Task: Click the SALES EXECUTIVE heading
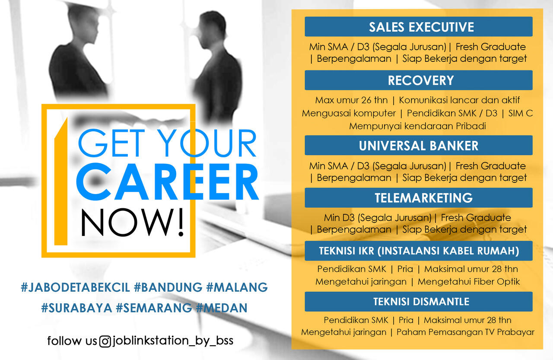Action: coord(421,27)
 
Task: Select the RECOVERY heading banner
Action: coord(419,80)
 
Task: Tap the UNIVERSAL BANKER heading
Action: coord(419,146)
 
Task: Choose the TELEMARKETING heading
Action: coord(424,198)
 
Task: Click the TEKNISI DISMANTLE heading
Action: coord(421,302)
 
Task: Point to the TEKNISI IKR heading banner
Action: coord(419,251)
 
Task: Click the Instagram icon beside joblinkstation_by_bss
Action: coord(105,341)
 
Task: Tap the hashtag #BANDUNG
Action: coord(168,287)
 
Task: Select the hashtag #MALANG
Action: coord(237,287)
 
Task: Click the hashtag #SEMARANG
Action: coord(154,308)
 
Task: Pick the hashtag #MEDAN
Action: coord(222,308)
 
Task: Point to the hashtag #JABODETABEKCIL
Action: coord(76,287)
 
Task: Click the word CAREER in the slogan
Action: coord(167,182)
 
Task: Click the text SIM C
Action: coord(521,113)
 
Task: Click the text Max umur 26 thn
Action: coord(351,100)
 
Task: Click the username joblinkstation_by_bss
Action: coord(173,341)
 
